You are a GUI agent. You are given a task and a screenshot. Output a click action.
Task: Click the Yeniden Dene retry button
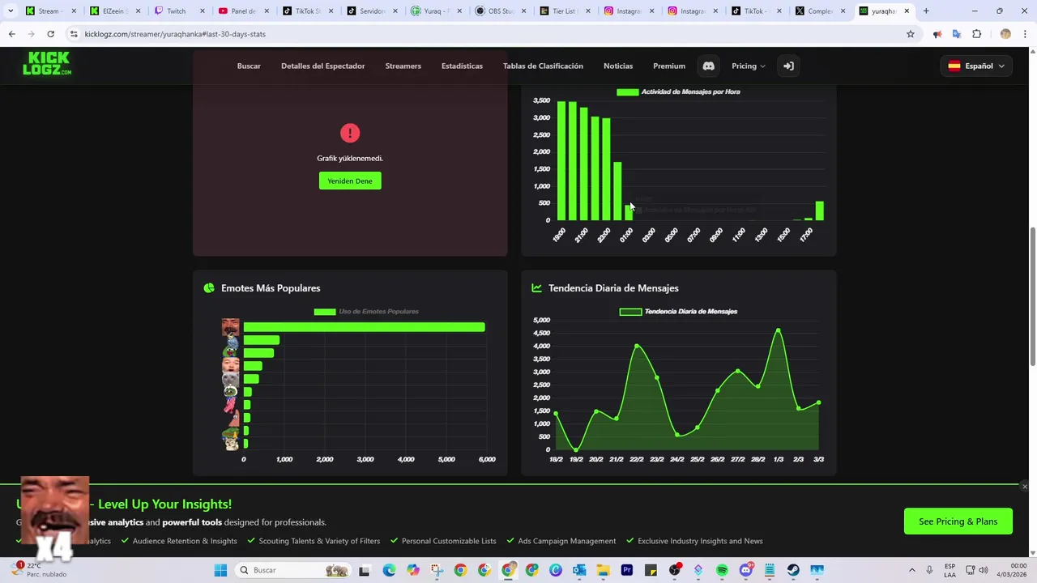point(350,181)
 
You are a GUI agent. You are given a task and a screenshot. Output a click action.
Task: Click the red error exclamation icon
point(350,133)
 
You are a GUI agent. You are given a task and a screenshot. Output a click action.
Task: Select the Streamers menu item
point(403,66)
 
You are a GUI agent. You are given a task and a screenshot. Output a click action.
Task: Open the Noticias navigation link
point(618,66)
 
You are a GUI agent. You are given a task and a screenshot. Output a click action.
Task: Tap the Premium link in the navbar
point(669,66)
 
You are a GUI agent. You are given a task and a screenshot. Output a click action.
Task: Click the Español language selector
point(976,66)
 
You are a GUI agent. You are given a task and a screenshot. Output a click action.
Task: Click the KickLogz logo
point(47,63)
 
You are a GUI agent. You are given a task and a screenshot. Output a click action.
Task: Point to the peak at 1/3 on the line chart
point(779,330)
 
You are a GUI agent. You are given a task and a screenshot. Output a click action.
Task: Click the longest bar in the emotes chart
point(364,327)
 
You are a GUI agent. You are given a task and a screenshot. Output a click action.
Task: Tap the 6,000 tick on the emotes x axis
point(487,459)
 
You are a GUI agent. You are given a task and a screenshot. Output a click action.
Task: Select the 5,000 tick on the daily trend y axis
point(541,321)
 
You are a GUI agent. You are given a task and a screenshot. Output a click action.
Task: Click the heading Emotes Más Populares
point(271,288)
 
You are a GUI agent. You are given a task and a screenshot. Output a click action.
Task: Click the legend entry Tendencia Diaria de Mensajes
point(679,312)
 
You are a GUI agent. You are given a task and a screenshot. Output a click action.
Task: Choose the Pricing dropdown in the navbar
point(748,66)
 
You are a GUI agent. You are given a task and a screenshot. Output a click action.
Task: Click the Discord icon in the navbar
point(709,66)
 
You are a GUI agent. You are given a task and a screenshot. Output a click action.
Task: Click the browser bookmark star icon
point(911,34)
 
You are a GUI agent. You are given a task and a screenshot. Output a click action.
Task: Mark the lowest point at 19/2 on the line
point(576,449)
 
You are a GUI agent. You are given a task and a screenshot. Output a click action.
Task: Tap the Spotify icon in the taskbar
point(722,570)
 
